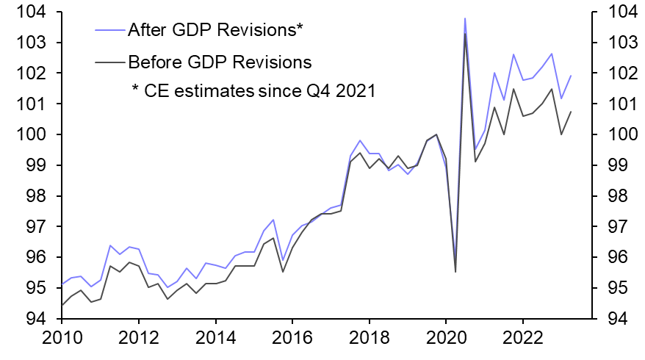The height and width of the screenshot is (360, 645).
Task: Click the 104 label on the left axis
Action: (x=31, y=12)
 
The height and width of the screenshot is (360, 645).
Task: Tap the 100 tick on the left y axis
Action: (x=31, y=135)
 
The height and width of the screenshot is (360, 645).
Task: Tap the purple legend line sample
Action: (x=110, y=30)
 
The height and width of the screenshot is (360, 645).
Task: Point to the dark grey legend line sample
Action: (x=110, y=62)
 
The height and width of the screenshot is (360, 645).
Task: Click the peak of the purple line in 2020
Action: (x=465, y=18)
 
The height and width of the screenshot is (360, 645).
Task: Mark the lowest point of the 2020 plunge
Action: (x=455, y=272)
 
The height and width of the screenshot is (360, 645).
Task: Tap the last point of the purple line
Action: (x=571, y=76)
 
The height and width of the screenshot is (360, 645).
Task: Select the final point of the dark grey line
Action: (x=571, y=112)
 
